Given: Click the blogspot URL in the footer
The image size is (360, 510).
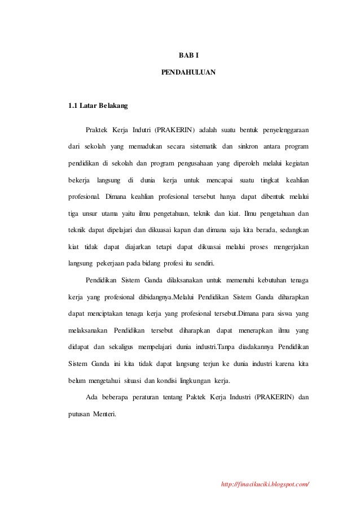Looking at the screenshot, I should tap(267, 485).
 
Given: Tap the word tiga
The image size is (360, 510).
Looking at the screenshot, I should tap(73, 213).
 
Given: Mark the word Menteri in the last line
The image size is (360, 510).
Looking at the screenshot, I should tap(102, 414).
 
